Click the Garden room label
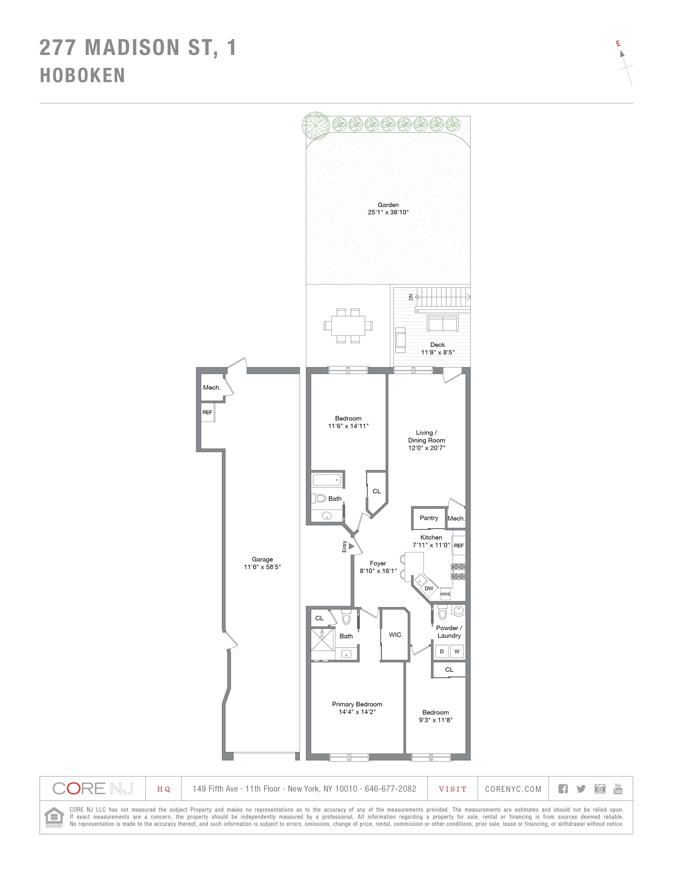(388, 205)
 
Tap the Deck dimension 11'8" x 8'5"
(437, 352)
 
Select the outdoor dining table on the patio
(348, 325)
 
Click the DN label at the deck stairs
(411, 297)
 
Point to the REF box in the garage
(208, 412)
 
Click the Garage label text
(262, 559)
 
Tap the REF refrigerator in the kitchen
(458, 546)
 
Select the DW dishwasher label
(428, 588)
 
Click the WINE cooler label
(445, 594)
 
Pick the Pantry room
(428, 518)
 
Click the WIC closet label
(395, 634)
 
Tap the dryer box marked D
(442, 651)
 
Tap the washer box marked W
(457, 651)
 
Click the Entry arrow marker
(352, 546)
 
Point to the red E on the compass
(618, 43)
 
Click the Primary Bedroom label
(357, 704)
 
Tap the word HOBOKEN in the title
(82, 75)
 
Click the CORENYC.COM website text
(513, 789)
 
